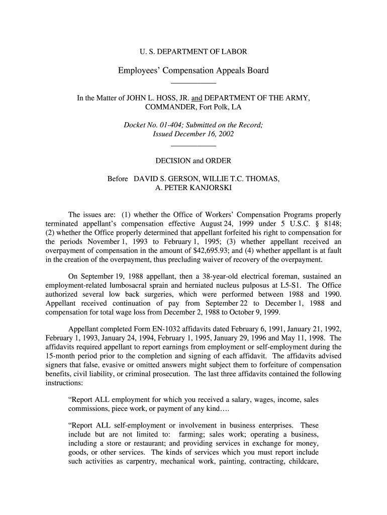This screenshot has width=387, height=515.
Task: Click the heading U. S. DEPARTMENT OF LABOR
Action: click(x=193, y=51)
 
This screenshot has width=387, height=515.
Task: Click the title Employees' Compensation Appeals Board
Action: click(x=193, y=70)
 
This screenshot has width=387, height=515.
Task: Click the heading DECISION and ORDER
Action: click(x=193, y=161)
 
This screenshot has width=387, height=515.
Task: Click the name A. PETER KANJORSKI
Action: click(x=193, y=188)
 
